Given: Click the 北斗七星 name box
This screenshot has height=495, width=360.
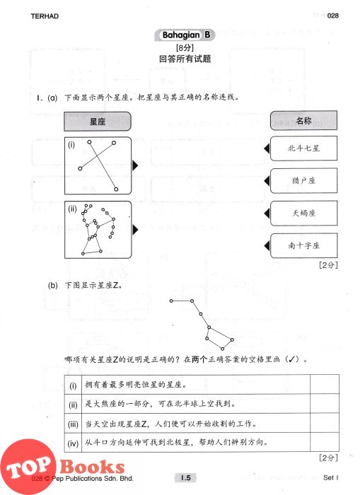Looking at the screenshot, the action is pos(304,148).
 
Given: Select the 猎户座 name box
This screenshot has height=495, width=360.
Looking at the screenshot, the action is pos(304,180).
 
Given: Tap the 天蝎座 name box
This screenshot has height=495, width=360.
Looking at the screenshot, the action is pos(304,213).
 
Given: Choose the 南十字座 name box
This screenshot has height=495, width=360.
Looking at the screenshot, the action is pos(304,245).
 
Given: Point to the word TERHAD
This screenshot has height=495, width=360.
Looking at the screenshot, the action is pos(45,16).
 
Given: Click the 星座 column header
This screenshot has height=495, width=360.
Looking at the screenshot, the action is pos(98,122).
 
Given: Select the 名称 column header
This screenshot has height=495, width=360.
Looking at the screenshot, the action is pos(304,120).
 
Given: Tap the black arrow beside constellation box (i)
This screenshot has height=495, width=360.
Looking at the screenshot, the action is pos(135,165).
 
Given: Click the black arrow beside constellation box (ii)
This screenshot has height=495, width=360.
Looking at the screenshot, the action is pos(135,230).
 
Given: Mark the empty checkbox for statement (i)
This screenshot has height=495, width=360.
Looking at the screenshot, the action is pos(325,385).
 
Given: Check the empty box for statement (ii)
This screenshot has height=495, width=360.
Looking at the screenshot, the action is pos(325,404).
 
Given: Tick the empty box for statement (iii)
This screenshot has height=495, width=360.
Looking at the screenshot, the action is pos(325,423).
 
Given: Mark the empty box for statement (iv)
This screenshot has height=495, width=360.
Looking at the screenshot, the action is pos(325,442).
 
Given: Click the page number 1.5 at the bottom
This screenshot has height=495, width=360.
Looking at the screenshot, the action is pos(185,477).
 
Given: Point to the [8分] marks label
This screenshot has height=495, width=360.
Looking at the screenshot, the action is pos(185,48).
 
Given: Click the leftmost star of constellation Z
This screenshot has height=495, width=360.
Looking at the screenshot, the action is pos(171,301).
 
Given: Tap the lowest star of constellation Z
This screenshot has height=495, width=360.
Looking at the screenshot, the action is pos(223,349).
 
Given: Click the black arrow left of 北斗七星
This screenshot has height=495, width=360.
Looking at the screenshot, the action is pos(267,148).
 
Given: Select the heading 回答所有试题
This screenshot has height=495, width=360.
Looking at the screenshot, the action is pos(185,59).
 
